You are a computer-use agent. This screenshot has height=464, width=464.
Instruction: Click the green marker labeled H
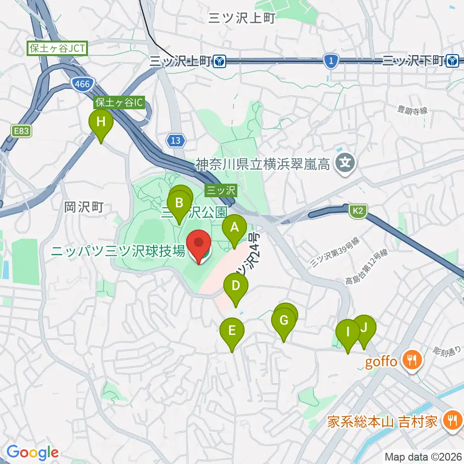101,122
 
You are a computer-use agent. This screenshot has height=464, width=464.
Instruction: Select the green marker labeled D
235,286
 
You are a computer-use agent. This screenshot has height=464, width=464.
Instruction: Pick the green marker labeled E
232,331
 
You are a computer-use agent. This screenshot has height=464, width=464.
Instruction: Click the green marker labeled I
348,332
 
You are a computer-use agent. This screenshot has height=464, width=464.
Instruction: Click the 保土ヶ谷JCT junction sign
57,48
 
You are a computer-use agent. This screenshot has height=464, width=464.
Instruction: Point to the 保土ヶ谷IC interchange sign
119,102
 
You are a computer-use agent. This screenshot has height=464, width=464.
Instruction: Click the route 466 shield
82,84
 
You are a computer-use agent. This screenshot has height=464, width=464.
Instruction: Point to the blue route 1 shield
331,60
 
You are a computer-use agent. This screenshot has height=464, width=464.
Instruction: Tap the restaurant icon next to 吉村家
453,421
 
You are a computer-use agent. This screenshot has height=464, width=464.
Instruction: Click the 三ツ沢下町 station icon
453,60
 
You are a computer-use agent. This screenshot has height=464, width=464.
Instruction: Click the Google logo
32,452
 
